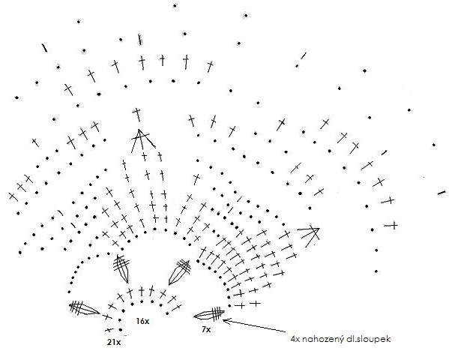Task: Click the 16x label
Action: coord(142,321)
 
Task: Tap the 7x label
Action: coord(206,329)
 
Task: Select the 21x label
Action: coord(114,342)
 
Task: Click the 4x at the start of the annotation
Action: coord(295,340)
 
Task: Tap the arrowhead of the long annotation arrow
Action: coord(226,320)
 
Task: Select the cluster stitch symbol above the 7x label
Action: coord(209,313)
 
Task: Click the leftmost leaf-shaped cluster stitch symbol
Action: coord(84,307)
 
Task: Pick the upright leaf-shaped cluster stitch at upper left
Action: coord(121,268)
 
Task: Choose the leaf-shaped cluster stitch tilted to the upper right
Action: coord(179,272)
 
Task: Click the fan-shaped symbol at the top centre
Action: coord(141,139)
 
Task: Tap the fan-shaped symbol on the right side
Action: coord(309,234)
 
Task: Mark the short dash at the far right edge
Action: coord(443,193)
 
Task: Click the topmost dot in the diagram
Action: coord(175,5)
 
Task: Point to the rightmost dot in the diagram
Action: coord(434,145)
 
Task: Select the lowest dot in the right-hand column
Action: coord(376,271)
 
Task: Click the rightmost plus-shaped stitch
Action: coord(394,226)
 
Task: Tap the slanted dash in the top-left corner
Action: coord(44,48)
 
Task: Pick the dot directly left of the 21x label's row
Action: coord(121,330)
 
